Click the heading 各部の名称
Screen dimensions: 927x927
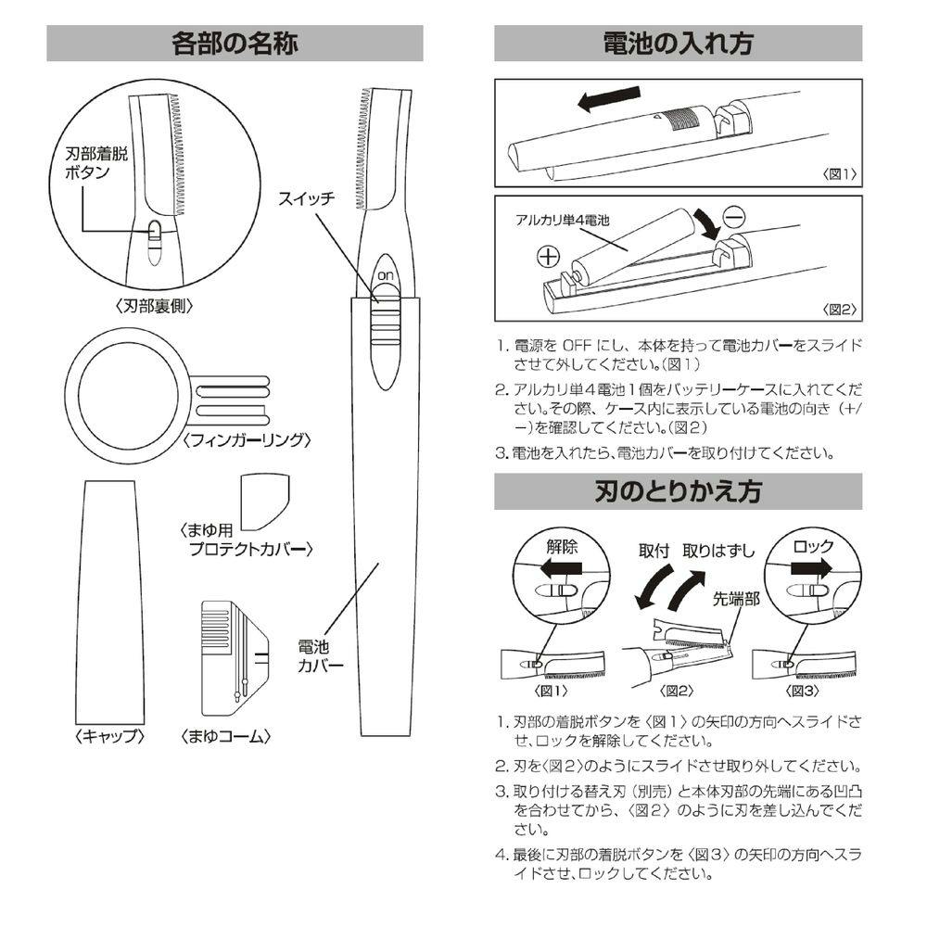coord(234,44)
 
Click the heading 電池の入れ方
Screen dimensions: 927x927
coord(678,44)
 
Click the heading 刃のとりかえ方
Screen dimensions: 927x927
coord(678,491)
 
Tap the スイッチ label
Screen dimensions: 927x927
coord(308,198)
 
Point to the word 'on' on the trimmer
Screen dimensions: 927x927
coord(383,276)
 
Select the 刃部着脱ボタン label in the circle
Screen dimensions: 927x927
coord(90,165)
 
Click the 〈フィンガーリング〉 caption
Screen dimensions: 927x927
coord(245,439)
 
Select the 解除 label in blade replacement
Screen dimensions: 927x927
coord(561,545)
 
